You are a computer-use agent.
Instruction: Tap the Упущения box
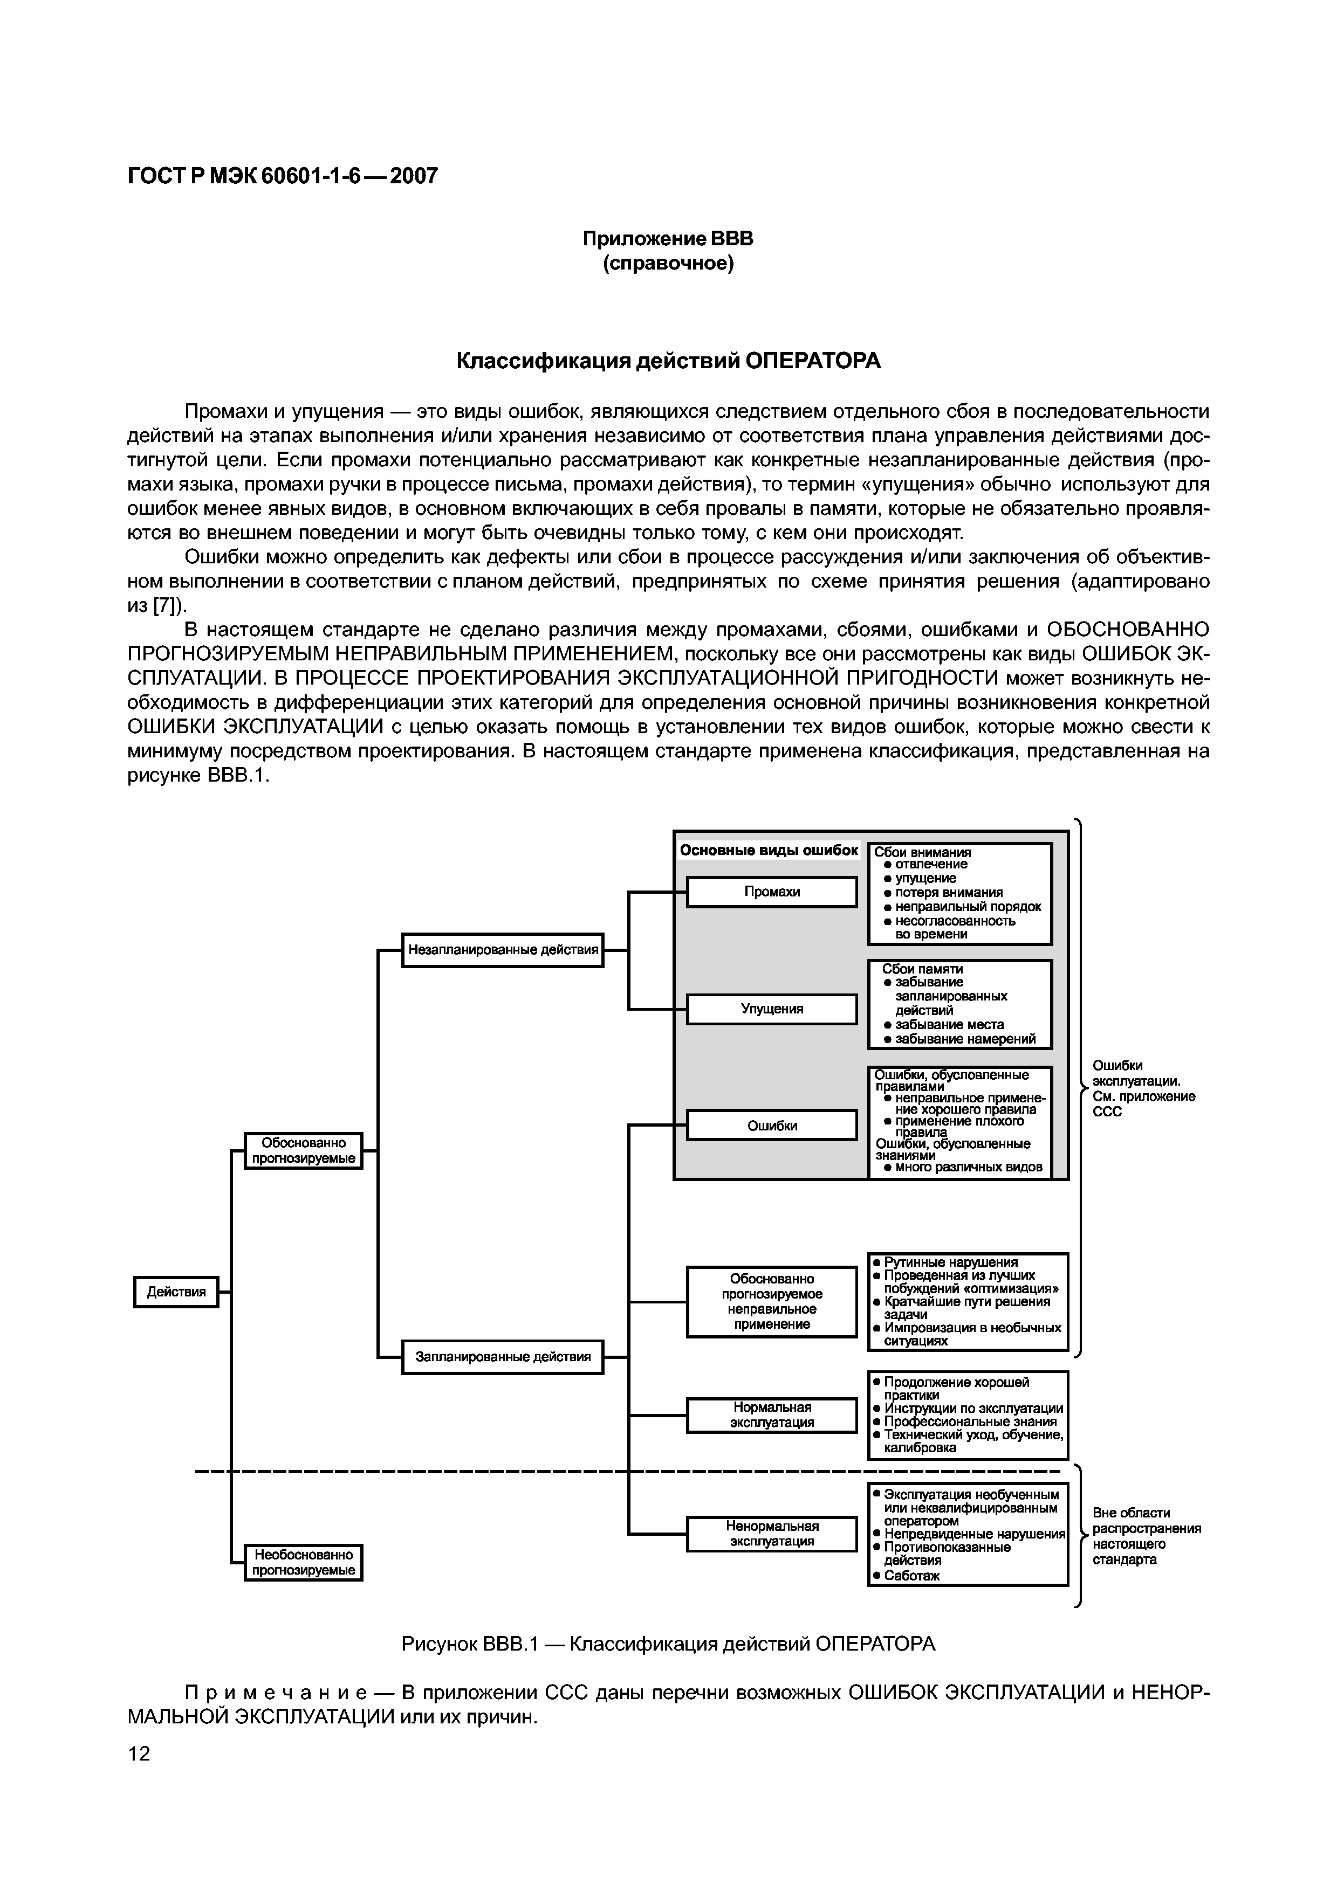coord(772,1009)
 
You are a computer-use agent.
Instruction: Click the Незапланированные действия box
coord(503,950)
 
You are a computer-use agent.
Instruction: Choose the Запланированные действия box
coord(503,1356)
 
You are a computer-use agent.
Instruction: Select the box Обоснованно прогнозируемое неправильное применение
coord(772,1301)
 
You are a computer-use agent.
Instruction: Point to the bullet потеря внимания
coord(948,893)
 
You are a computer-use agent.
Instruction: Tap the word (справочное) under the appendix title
coord(668,264)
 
